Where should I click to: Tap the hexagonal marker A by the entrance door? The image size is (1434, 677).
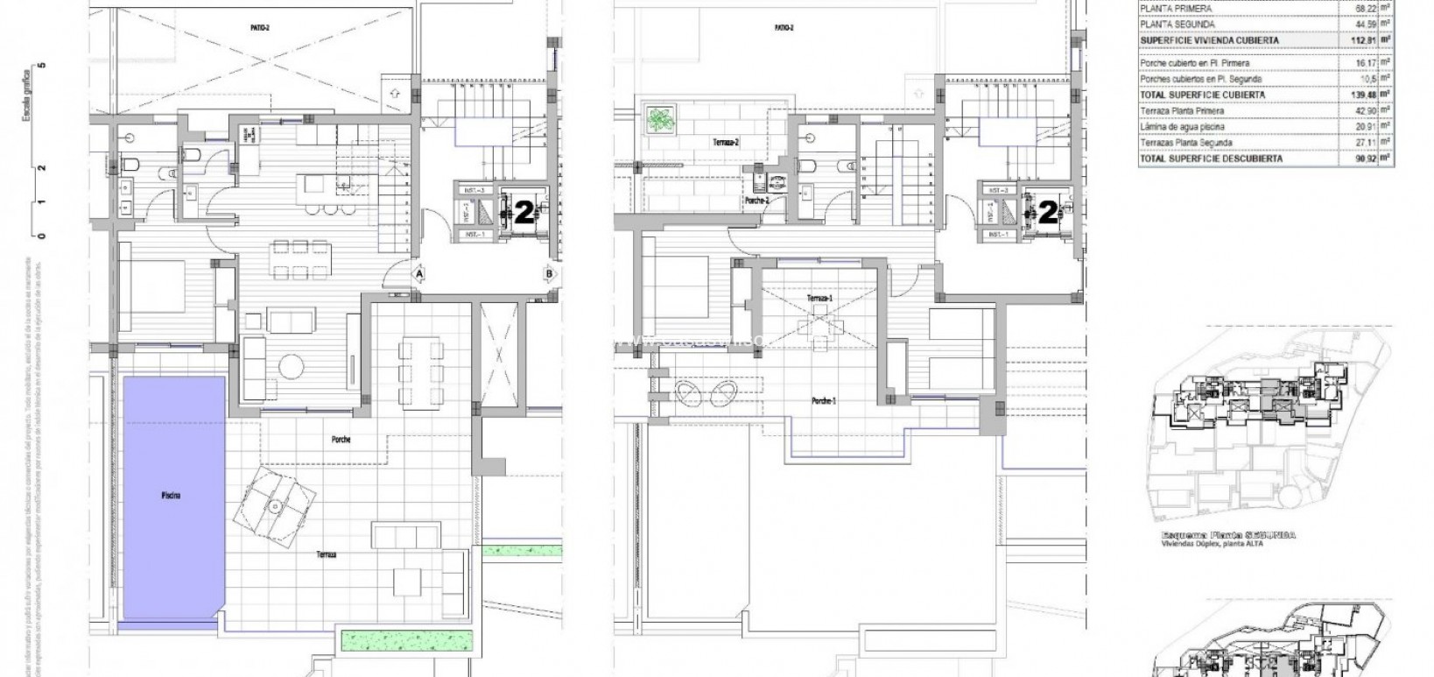[419, 274]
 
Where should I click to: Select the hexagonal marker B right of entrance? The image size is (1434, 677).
[549, 274]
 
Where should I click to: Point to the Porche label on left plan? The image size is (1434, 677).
[341, 440]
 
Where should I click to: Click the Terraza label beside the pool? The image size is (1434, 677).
[327, 554]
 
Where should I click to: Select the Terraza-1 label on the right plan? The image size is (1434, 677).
[820, 299]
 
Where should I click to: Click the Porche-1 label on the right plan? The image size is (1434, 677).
[822, 400]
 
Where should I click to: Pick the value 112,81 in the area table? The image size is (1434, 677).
[1353, 39]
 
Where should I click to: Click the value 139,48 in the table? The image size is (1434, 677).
[1353, 95]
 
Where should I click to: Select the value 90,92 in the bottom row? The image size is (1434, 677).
[1353, 159]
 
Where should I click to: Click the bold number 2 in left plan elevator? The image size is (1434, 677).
[524, 213]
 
